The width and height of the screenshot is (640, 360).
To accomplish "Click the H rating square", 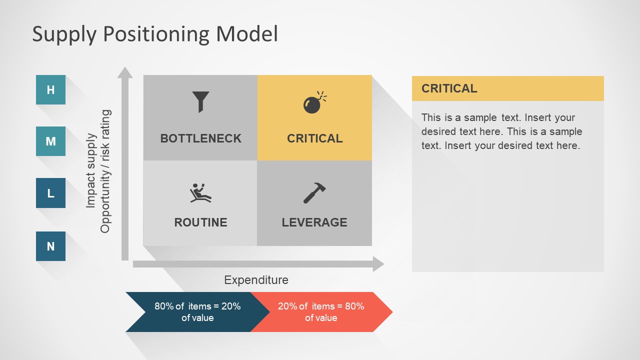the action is click(x=50, y=89).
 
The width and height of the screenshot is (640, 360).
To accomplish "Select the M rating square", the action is click(x=50, y=141).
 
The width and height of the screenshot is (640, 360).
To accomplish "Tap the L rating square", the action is click(x=50, y=193).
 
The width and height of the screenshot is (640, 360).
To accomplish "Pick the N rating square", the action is click(x=50, y=246).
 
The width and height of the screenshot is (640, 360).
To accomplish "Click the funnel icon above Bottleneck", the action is click(x=200, y=102).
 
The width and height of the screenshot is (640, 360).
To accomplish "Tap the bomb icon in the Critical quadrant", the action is click(x=315, y=102).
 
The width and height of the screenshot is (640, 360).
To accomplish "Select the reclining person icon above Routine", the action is click(x=200, y=193).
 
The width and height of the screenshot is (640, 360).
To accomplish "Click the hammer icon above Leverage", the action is click(x=314, y=193).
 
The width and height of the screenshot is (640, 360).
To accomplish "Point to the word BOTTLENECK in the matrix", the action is click(x=200, y=138).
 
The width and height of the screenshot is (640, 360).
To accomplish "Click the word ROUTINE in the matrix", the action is click(x=200, y=222).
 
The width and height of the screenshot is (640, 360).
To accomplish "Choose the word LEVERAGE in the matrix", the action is click(x=314, y=222).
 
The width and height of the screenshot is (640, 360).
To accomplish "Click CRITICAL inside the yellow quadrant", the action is click(x=315, y=138).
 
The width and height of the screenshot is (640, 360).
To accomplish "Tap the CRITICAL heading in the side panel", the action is click(x=449, y=88).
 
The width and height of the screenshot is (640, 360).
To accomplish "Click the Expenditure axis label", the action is click(x=256, y=280).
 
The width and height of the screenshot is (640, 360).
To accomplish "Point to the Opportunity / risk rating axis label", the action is click(x=105, y=171).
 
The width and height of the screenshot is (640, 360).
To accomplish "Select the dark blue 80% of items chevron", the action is click(x=197, y=312).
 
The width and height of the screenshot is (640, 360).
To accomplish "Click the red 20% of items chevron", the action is click(x=321, y=312).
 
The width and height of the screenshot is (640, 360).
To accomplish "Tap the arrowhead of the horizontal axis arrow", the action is click(x=379, y=264).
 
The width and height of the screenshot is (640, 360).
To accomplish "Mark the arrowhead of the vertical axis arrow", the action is click(x=125, y=72).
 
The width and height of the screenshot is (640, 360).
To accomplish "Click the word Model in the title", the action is click(x=247, y=33).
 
